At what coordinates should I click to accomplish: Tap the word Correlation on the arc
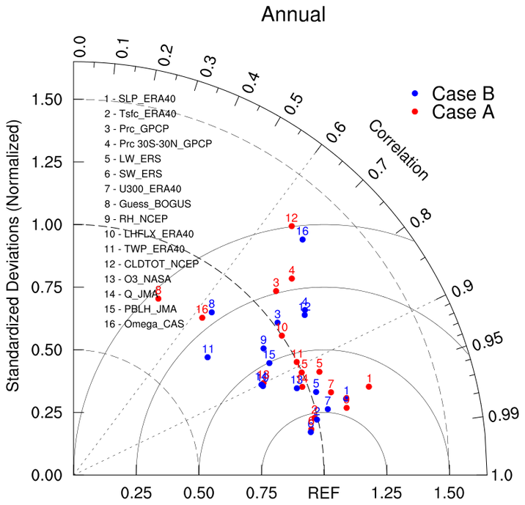[397, 150]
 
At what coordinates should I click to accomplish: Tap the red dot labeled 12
[291, 226]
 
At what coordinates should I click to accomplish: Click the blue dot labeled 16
[302, 240]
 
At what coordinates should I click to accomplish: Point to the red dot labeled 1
[369, 386]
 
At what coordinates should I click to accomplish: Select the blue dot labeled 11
[208, 357]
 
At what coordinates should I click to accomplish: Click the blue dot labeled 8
[212, 312]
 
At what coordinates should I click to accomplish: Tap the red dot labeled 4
[292, 279]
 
